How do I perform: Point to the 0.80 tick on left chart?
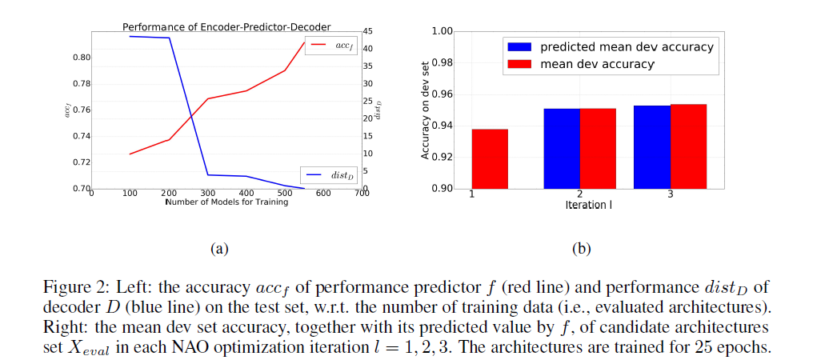[x=80, y=58]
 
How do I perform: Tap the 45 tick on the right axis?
[x=368, y=31]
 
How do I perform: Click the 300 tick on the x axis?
[x=208, y=194]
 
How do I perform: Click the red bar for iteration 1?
[x=490, y=158]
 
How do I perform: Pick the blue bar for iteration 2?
[x=562, y=149]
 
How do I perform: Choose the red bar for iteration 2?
[x=598, y=149]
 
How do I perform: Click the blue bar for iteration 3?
[x=652, y=147]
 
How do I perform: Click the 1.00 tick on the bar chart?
[x=442, y=31]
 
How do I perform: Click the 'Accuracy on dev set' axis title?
[x=426, y=110]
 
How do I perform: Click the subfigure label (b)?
[x=581, y=249]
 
